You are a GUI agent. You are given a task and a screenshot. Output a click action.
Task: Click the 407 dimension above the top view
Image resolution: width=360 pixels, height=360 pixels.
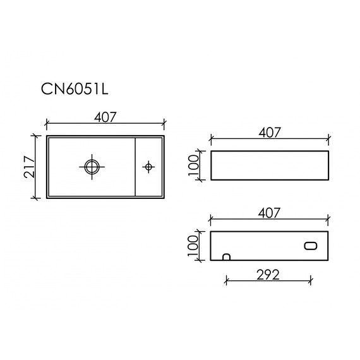click(x=105, y=116)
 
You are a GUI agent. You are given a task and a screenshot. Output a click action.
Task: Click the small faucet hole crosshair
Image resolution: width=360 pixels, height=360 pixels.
click(x=149, y=167)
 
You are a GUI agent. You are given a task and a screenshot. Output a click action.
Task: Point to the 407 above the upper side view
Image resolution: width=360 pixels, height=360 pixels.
click(x=269, y=133)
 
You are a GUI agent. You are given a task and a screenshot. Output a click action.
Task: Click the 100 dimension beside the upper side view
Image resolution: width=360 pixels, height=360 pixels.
click(x=195, y=166)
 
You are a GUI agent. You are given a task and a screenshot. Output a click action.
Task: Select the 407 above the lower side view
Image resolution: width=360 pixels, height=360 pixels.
click(x=269, y=213)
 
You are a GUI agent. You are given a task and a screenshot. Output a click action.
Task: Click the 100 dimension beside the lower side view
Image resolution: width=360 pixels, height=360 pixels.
click(x=195, y=246)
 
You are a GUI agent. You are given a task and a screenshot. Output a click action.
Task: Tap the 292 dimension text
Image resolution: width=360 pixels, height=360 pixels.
click(x=268, y=274)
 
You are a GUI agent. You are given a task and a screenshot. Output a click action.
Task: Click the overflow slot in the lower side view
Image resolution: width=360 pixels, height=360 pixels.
click(x=311, y=246)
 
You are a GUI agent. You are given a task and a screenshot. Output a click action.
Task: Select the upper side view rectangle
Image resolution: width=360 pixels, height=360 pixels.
click(x=269, y=166)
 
